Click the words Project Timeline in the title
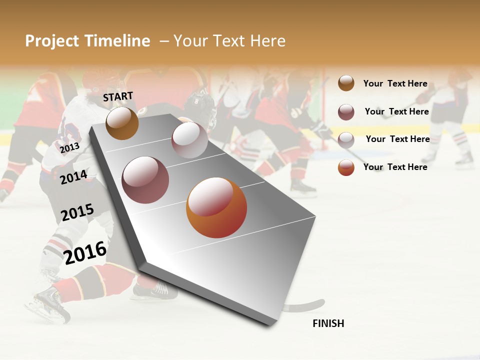tap(87, 41)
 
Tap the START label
tap(118, 96)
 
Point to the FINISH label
tap(328, 323)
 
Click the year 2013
tap(69, 147)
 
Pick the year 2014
tap(73, 177)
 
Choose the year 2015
tap(77, 212)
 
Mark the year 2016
tap(85, 252)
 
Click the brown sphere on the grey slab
tap(122, 123)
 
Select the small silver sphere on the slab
tap(189, 140)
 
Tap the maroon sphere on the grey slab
tap(145, 180)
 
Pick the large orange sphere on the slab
tap(216, 207)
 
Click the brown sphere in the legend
tap(346, 83)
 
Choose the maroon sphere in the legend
tap(346, 112)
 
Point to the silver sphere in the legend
tap(346, 140)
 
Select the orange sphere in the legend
tap(346, 167)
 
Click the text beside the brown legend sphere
tap(395, 83)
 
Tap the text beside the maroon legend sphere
tap(396, 111)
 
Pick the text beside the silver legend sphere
tap(397, 139)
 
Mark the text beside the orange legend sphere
tap(395, 167)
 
